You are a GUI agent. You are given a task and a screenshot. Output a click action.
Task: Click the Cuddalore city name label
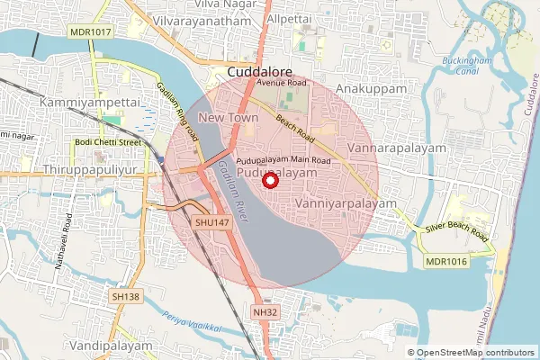point(259,71)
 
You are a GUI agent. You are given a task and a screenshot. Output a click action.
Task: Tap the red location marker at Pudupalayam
point(268,182)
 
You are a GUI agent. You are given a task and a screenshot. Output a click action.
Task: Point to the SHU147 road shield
point(213,220)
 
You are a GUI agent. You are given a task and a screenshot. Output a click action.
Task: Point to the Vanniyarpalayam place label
point(346,204)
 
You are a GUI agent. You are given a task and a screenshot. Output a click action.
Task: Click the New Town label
point(222,118)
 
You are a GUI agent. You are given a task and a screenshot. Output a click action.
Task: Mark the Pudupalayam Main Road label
point(284,160)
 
